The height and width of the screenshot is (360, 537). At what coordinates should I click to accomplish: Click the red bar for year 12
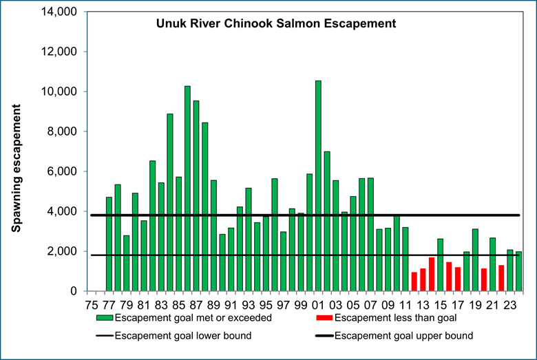(414, 282)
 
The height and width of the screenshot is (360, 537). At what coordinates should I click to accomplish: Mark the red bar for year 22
(501, 278)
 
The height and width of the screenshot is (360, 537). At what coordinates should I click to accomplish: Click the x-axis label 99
(300, 304)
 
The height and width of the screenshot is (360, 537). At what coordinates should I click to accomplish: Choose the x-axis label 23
(509, 304)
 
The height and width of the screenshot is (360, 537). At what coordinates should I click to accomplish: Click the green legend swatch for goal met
(105, 318)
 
